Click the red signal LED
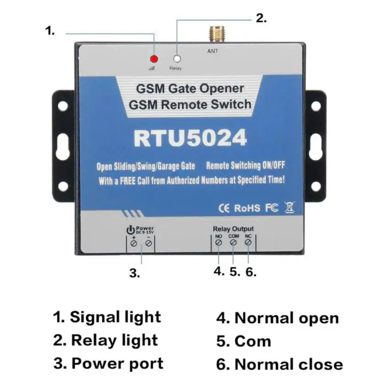154,59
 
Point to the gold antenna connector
213,35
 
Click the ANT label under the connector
213,51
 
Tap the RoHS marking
247,208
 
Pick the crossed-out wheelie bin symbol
288,207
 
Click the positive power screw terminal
133,244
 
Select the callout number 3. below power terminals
134,274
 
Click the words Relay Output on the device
233,229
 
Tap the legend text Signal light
115,316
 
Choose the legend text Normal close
288,365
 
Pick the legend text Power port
117,364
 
